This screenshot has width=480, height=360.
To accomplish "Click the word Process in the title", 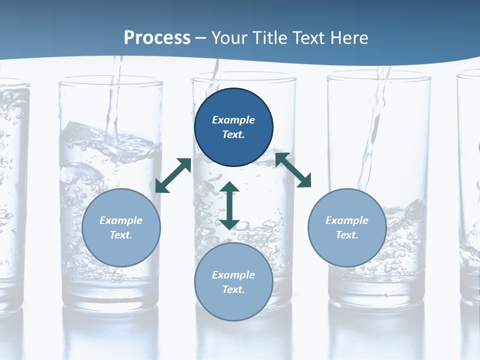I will pos(157,38).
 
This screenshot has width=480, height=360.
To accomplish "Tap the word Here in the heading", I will pos(349,38).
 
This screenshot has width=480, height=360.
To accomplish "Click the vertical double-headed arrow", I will pos(229,205).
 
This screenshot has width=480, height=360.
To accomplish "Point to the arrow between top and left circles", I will pos(173,175).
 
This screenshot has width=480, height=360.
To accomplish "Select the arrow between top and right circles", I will pos(293,170).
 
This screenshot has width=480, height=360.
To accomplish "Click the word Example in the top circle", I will pos(233,120).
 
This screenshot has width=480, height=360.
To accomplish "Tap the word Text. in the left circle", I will pos(121,235).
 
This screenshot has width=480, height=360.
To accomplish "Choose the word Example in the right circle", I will pos(347,220).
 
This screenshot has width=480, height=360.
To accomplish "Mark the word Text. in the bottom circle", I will pos(233,289).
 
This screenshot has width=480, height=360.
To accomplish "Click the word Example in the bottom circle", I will pos(233,275).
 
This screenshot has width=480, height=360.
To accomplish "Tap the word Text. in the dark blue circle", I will pos(233,134).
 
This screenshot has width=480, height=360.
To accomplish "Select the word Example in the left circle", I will pos(121,220).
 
